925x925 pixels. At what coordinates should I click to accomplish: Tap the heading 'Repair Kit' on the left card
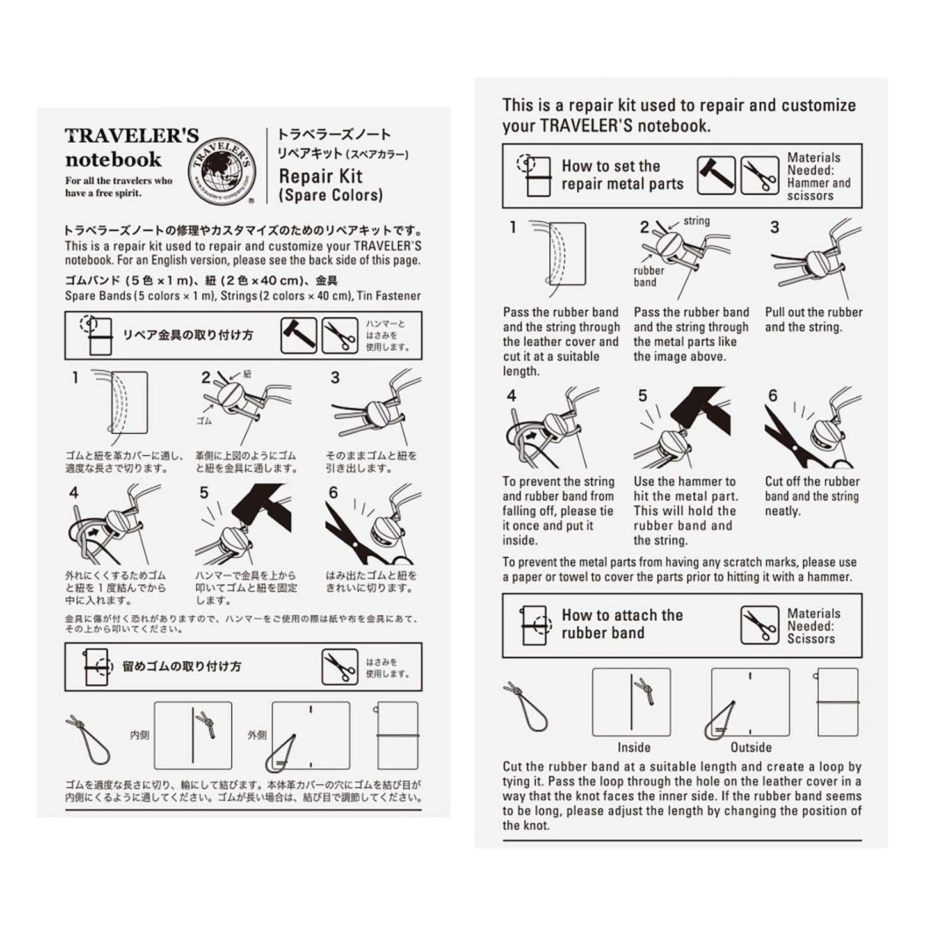point(321,176)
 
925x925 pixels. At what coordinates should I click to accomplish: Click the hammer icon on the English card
point(716,175)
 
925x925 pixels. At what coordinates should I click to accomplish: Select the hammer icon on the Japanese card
point(299,335)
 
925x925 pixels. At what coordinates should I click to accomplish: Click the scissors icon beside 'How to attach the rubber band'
point(759,625)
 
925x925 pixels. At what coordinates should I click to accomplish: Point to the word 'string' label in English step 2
point(696,221)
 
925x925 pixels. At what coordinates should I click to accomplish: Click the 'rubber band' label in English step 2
point(648,276)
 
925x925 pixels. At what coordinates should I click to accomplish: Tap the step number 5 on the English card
point(642,396)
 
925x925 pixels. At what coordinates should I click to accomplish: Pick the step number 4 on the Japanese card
point(74,492)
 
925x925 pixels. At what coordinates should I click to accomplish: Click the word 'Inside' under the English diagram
point(634,747)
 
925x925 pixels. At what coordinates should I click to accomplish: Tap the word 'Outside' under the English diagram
point(751,747)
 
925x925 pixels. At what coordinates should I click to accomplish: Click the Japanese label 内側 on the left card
point(140,736)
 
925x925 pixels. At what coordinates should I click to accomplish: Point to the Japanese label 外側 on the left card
point(257,736)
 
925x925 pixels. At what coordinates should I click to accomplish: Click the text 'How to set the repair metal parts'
point(622,175)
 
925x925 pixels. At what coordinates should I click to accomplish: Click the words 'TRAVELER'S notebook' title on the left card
point(131,148)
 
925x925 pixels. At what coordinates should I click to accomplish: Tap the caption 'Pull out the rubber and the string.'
point(813,319)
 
